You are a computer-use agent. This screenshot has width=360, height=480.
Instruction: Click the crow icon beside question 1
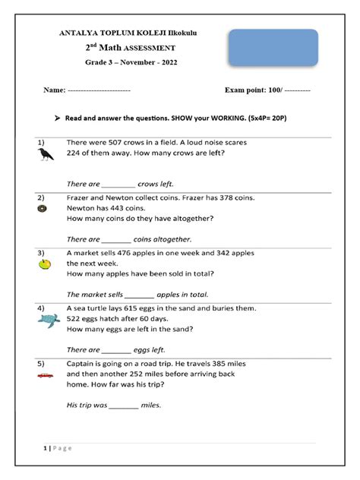point(46,154)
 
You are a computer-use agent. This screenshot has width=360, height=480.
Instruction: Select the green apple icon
point(44,264)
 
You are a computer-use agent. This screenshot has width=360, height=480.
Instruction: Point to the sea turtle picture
point(48,321)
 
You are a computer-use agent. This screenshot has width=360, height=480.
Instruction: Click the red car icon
point(45,375)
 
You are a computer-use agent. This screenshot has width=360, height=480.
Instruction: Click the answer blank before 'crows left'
point(118,185)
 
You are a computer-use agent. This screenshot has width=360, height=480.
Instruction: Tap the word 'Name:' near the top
point(54,90)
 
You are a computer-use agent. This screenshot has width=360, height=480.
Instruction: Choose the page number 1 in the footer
point(45,449)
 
